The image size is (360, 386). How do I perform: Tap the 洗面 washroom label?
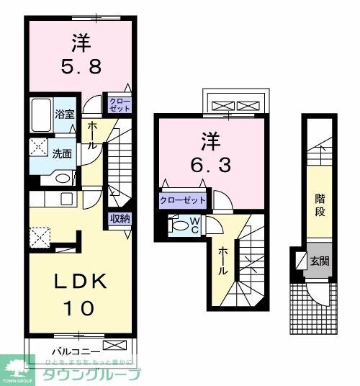coord(61,153)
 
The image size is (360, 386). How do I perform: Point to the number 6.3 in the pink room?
coord(211,165)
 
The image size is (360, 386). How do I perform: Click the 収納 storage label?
coord(119,218)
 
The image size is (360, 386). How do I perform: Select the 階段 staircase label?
coord(320,205)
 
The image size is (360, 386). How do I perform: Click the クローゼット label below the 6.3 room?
coord(183,199)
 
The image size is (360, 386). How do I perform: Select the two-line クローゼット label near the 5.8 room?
coord(119,104)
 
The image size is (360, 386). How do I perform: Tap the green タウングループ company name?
coord(91,375)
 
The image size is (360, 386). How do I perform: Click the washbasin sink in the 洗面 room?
coord(62,179)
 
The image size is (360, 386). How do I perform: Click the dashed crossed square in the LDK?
coord(39,236)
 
